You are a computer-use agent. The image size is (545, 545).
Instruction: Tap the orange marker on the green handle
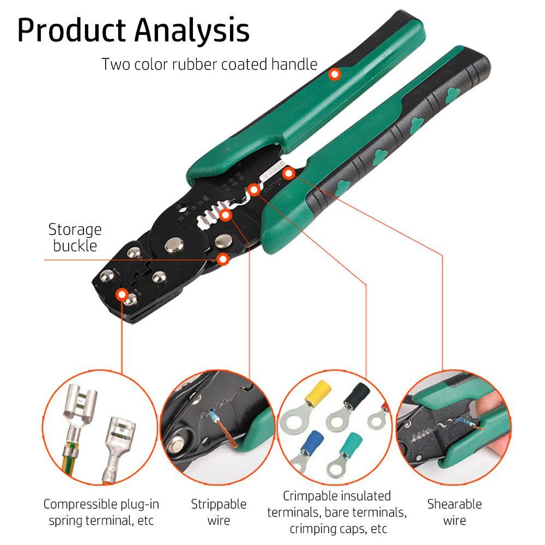[x=335, y=75]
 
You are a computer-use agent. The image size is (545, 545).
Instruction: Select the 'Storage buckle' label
[x=75, y=237]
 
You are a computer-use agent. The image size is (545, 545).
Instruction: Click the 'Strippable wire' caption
[x=219, y=512]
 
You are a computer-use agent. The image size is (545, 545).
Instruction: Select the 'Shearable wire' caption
[x=455, y=512]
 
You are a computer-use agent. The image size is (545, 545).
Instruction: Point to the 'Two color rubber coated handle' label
[x=209, y=64]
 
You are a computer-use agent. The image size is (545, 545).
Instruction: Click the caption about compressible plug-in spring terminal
[x=101, y=512]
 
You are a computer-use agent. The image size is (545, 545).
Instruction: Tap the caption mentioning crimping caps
[x=337, y=512]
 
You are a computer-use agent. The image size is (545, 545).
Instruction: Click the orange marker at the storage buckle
[x=222, y=259]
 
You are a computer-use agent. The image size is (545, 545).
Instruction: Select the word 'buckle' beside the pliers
[x=75, y=245]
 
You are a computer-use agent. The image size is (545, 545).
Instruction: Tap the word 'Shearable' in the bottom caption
[x=455, y=504]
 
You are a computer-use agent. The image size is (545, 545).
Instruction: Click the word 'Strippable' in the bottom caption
[x=219, y=504]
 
